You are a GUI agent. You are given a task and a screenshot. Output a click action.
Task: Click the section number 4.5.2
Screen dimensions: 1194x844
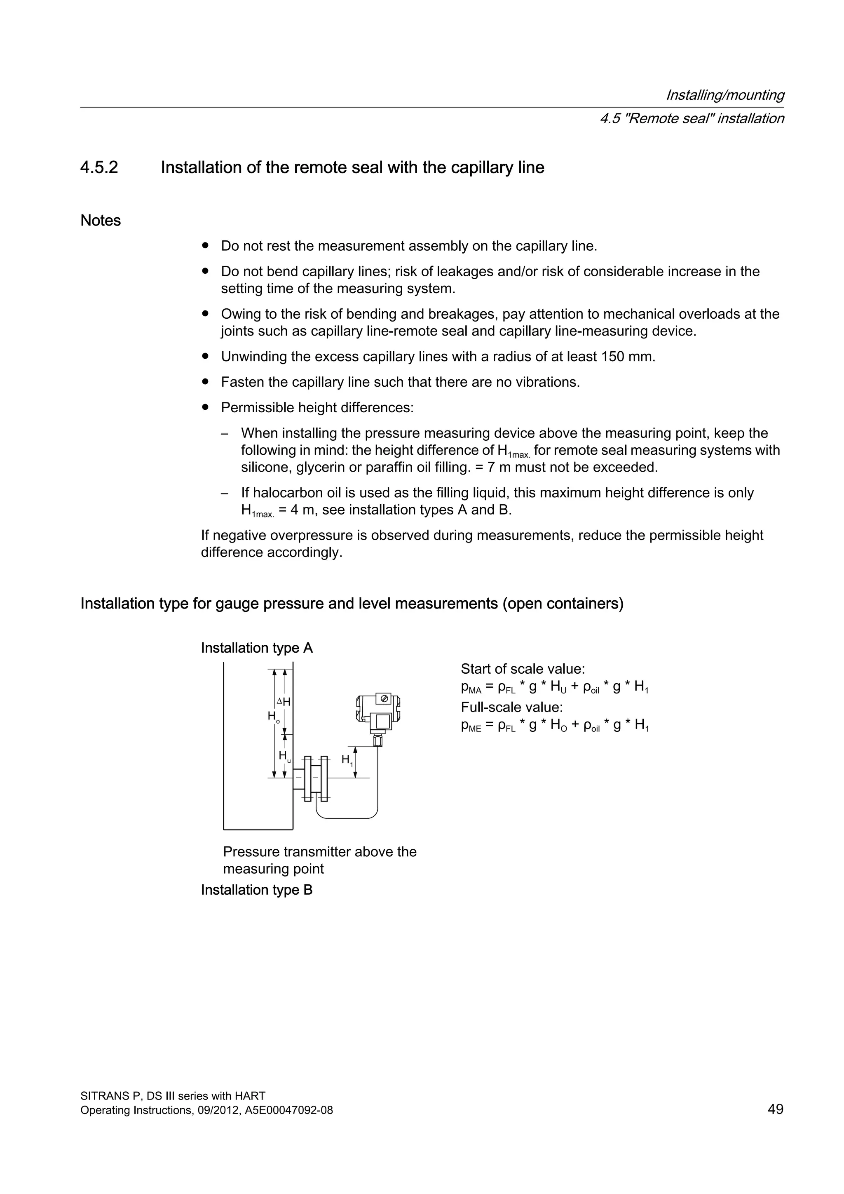[x=99, y=167]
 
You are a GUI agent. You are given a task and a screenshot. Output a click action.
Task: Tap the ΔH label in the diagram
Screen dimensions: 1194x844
[x=284, y=702]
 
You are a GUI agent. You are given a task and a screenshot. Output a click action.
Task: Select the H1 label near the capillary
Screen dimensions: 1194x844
[x=347, y=760]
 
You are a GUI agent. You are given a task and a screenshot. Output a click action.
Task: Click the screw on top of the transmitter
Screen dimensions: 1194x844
[x=384, y=699]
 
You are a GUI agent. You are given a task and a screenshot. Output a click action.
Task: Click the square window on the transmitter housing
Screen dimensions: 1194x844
[x=382, y=721]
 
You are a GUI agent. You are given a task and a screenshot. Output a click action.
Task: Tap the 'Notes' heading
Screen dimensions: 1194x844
[x=100, y=221]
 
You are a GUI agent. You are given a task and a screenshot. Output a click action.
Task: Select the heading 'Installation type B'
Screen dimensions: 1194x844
[x=257, y=890]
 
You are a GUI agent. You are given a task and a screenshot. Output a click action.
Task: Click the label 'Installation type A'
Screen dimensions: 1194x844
[x=257, y=648]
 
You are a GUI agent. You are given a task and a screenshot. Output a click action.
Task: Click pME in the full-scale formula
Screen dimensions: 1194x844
[x=471, y=726]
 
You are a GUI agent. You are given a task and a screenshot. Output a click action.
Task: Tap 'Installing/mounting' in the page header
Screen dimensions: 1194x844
[x=724, y=95]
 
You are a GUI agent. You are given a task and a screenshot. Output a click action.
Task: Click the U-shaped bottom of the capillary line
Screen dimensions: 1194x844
[x=347, y=818]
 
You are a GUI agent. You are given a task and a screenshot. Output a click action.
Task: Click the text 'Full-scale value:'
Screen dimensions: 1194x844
[x=511, y=707]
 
